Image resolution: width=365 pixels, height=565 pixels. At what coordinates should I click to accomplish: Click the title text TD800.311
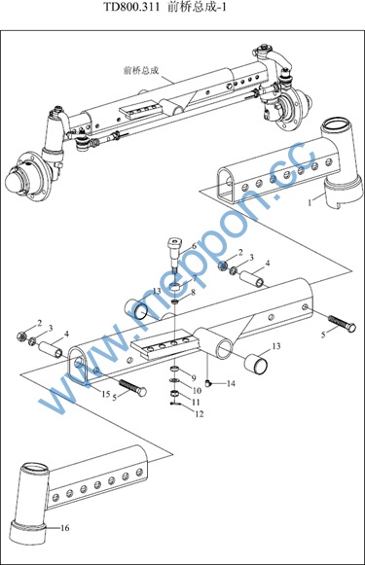[x=131, y=7]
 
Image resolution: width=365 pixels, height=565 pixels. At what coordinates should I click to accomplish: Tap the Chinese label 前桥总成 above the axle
[x=141, y=70]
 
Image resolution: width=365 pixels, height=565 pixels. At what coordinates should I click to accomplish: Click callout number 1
[x=310, y=203]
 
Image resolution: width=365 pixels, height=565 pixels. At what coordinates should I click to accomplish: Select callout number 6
[x=194, y=246]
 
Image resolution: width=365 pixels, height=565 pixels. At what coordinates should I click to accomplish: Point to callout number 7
[x=195, y=278]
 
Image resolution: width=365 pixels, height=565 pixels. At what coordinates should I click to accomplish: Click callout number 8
[x=194, y=293]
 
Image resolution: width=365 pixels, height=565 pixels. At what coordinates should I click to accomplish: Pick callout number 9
[x=194, y=378]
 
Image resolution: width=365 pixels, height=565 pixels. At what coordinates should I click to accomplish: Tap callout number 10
[x=197, y=391]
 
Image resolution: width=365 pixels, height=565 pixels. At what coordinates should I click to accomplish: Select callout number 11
[x=196, y=403]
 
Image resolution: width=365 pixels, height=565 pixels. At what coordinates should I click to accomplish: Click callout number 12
[x=200, y=414]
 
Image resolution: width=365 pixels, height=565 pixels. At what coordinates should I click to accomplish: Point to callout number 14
[x=231, y=383]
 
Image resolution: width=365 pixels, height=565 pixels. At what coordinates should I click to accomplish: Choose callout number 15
[x=106, y=394]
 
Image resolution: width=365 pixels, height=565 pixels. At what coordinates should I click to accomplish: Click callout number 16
[x=64, y=528]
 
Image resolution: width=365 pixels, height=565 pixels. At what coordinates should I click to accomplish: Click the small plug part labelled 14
[x=207, y=384]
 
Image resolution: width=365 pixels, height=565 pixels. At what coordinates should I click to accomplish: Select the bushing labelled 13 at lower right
[x=256, y=365]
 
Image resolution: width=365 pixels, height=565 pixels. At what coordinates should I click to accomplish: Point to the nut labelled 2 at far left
[x=21, y=336]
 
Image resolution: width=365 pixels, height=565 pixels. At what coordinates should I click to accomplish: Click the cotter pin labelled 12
[x=174, y=404]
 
